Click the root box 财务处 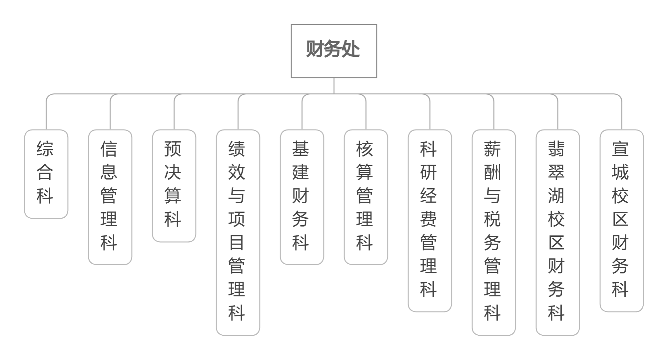334,51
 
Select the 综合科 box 46,174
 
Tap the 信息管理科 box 110,197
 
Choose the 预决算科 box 174,186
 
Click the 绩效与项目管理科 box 238,232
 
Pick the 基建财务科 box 302,197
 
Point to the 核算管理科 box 366,197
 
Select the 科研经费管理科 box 430,220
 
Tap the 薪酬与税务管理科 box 494,232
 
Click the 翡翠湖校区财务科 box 558,232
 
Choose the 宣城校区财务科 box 622,220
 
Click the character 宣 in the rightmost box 620,149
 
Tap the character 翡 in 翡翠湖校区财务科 556,149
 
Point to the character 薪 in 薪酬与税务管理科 492,149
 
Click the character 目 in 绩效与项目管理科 237,243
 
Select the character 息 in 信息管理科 109,172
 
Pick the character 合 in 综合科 45,172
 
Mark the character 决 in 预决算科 173,172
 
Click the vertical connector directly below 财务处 334,86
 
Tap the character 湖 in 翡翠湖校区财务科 556,196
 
